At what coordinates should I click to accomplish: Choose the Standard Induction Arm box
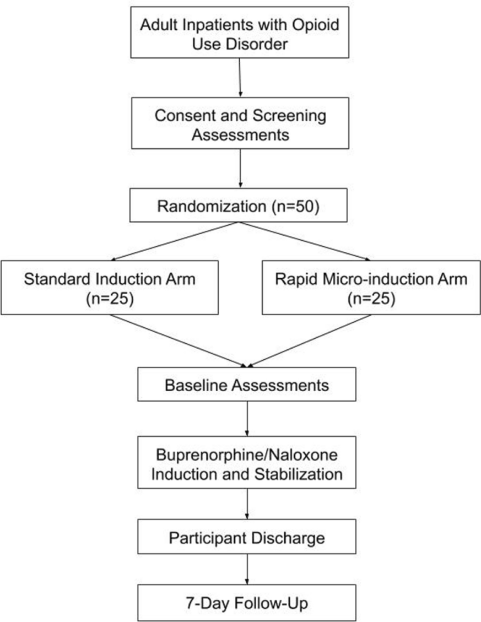click(x=110, y=287)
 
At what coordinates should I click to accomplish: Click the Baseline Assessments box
click(x=246, y=385)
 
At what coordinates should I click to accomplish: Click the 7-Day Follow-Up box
click(x=246, y=603)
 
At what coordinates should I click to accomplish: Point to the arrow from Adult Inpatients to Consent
click(x=240, y=77)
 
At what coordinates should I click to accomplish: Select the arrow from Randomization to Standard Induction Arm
click(x=175, y=241)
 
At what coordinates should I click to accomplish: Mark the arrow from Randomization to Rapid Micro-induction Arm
click(x=304, y=241)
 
